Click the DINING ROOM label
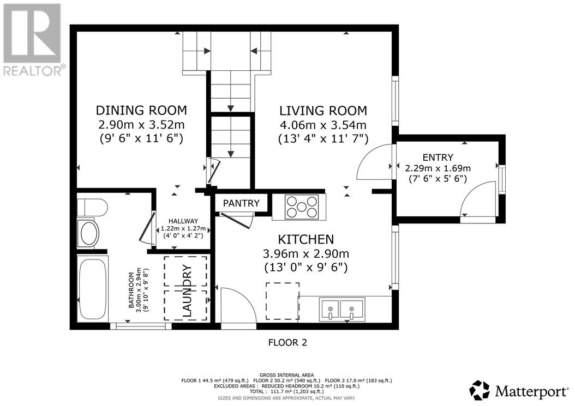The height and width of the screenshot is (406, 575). (x=141, y=110)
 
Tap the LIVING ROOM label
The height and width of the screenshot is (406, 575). (x=323, y=111)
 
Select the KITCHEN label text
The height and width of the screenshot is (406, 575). (x=306, y=239)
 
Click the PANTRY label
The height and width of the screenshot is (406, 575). (x=241, y=203)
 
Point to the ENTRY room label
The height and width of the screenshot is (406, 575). (x=438, y=157)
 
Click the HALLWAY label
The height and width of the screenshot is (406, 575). (x=183, y=221)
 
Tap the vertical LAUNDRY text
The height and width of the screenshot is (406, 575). (x=187, y=290)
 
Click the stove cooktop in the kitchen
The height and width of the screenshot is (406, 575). (x=302, y=208)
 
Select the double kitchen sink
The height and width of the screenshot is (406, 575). (x=342, y=310)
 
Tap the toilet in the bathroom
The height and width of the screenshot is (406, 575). (x=92, y=208)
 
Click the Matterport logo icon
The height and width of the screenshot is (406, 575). (x=480, y=390)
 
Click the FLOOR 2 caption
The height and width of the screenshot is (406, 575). (x=287, y=343)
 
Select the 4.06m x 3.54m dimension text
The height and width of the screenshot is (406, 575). (x=323, y=125)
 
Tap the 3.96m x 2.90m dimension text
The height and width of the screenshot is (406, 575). (x=306, y=253)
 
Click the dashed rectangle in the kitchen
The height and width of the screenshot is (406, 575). (x=283, y=301)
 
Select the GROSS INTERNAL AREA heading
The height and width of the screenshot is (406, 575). (x=286, y=375)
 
